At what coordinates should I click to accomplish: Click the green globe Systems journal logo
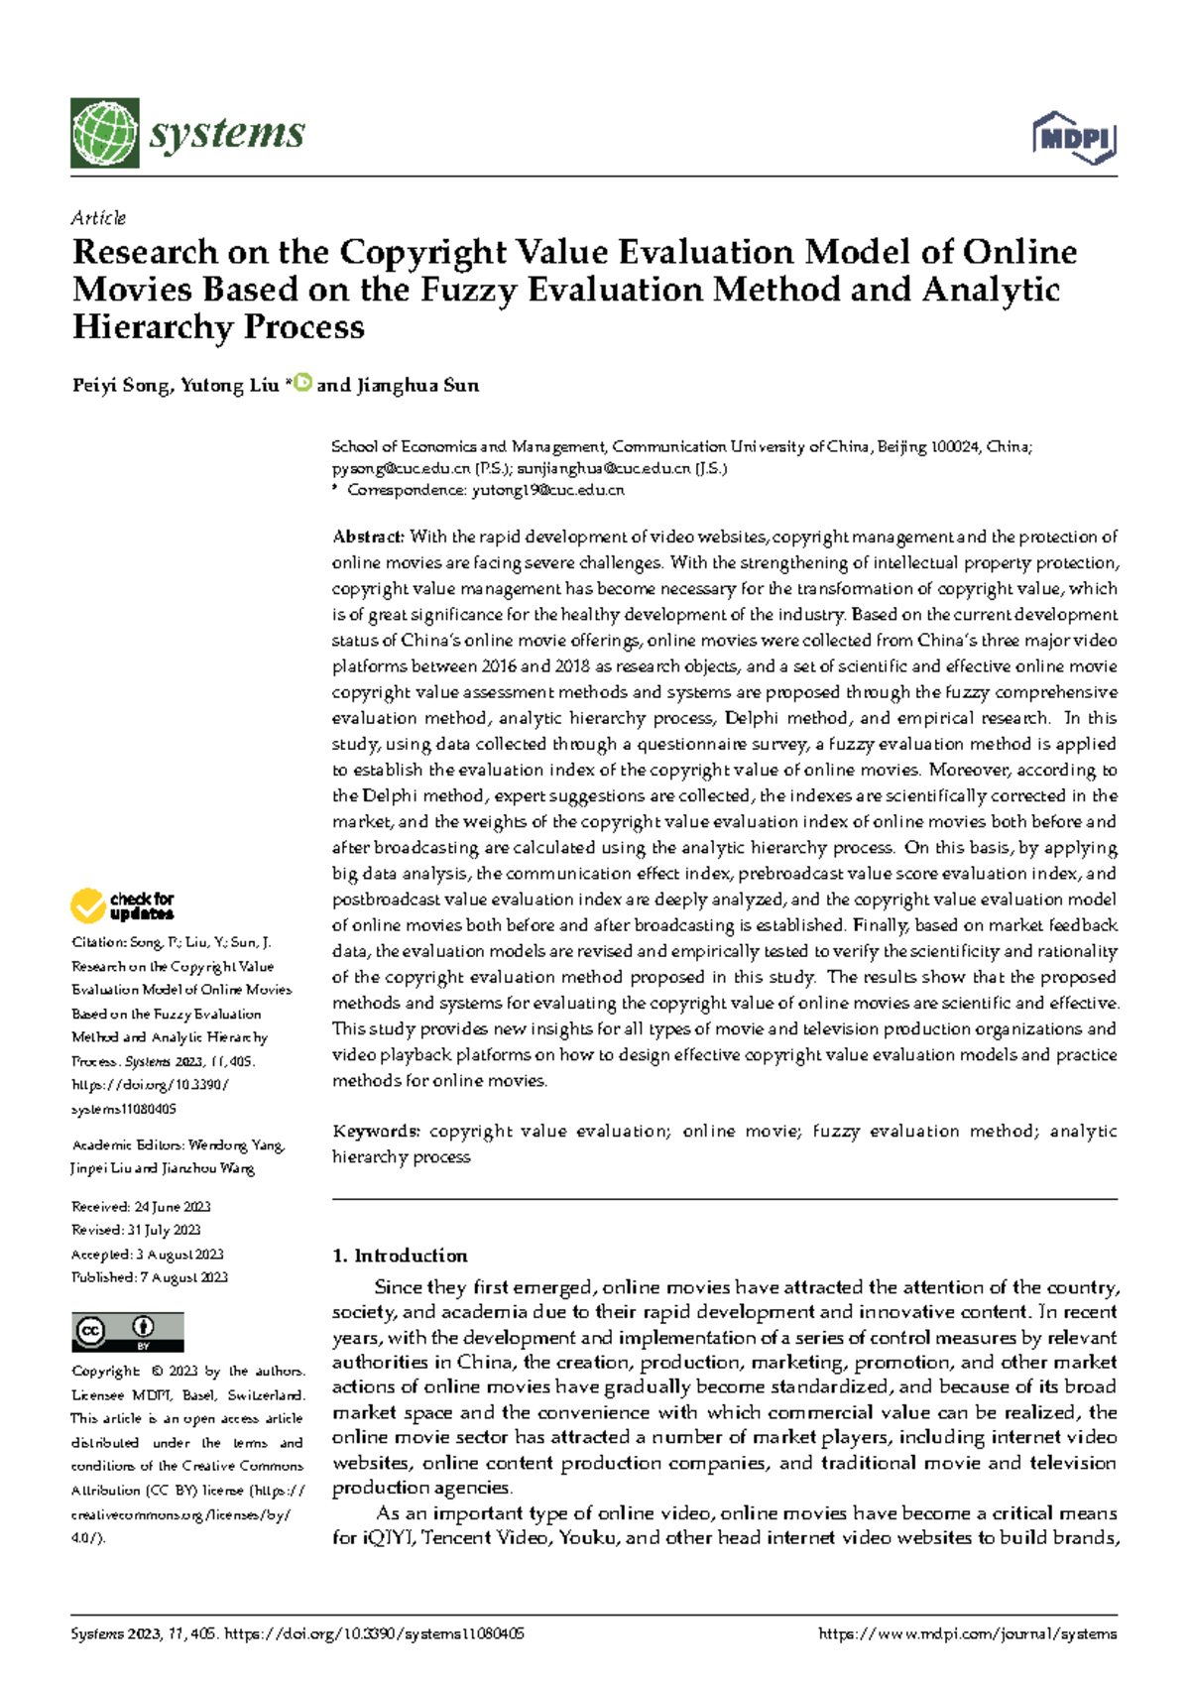coord(104,133)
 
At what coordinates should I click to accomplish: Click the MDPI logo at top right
coord(1075,137)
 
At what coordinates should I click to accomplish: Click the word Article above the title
coord(98,217)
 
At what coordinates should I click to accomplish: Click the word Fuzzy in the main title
coord(468,290)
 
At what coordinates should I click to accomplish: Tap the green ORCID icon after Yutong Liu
coord(303,383)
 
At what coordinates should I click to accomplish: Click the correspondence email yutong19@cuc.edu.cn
coord(547,490)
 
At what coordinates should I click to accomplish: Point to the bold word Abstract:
coord(368,537)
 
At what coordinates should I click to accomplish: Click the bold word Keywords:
coord(376,1131)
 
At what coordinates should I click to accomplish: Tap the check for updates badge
coord(122,905)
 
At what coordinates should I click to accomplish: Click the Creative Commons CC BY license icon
coord(127,1331)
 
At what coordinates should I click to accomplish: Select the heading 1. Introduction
coord(400,1256)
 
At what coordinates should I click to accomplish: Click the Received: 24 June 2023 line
coord(141,1207)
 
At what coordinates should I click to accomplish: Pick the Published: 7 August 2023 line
coord(149,1277)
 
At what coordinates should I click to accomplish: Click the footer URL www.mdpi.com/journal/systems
coord(967,1633)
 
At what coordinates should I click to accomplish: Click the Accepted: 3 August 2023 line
coord(147,1254)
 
